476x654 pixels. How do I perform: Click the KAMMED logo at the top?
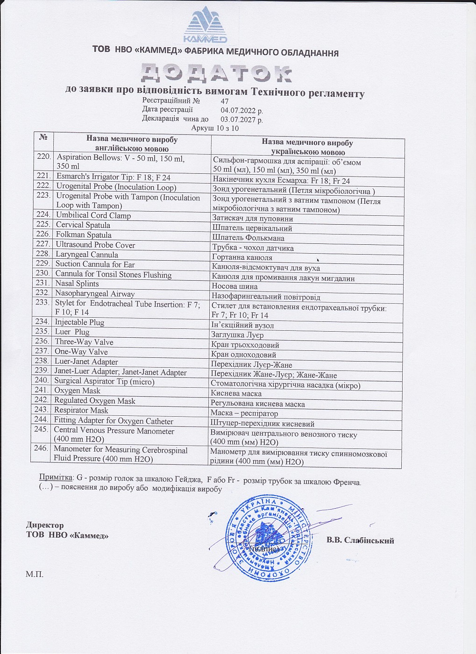pyautogui.click(x=205, y=26)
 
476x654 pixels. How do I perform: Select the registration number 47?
pyautogui.click(x=225, y=101)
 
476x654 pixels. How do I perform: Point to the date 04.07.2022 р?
pyautogui.click(x=242, y=111)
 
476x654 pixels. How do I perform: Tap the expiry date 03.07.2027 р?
pyautogui.click(x=242, y=120)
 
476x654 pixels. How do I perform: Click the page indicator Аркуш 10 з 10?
pyautogui.click(x=215, y=128)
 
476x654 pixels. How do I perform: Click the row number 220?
pyautogui.click(x=44, y=156)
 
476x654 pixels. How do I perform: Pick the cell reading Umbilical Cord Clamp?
pyautogui.click(x=93, y=215)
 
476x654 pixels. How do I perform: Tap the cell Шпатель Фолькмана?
pyautogui.click(x=248, y=238)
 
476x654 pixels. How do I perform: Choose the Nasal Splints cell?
pyautogui.click(x=77, y=284)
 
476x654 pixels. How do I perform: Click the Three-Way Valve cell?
pyautogui.click(x=84, y=342)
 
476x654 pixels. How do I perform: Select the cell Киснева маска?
pyautogui.click(x=236, y=394)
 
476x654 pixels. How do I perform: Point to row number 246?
pyautogui.click(x=41, y=448)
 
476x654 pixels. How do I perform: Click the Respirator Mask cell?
pyautogui.click(x=81, y=411)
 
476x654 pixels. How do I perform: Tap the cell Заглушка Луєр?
pyautogui.click(x=237, y=335)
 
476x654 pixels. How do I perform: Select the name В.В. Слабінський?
pyautogui.click(x=360, y=540)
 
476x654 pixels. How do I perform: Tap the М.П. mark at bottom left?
pyautogui.click(x=34, y=574)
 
